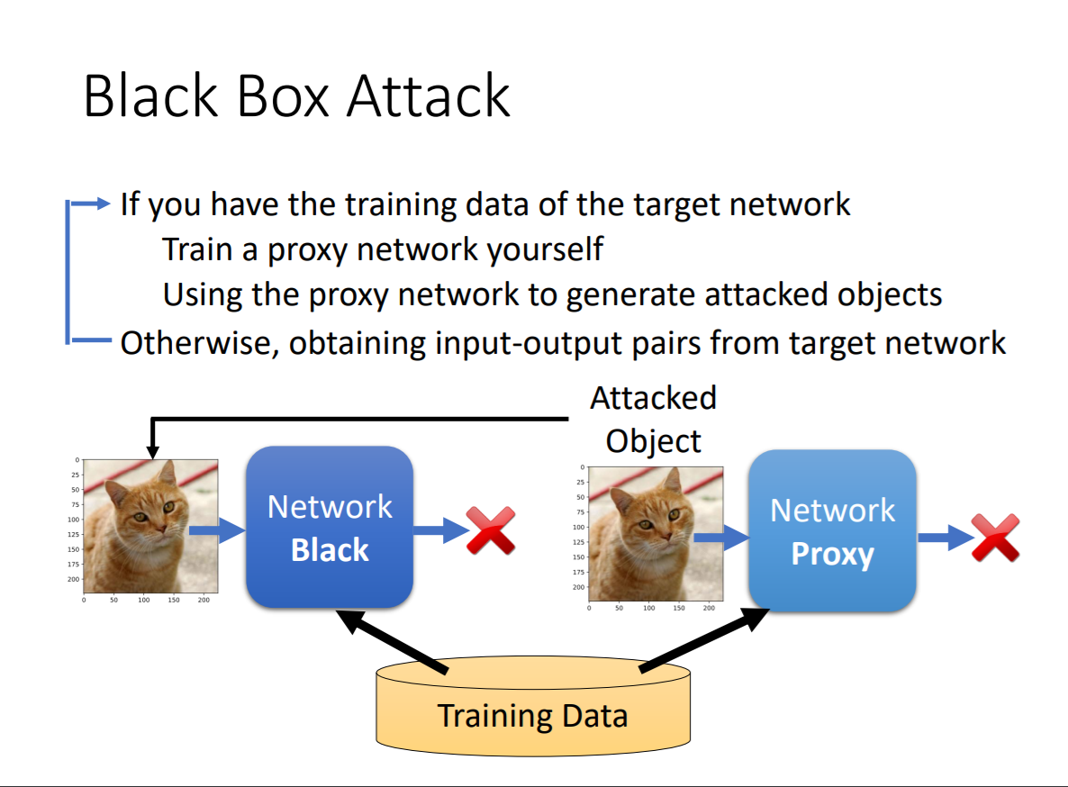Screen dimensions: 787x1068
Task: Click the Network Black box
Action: pos(330,527)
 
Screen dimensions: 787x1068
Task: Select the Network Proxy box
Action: pos(832,531)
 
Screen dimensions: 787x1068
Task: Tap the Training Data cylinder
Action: pos(532,715)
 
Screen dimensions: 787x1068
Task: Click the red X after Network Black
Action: pos(491,530)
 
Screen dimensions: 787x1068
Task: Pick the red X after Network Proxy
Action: pos(995,538)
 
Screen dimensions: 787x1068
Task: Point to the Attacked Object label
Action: pos(653,419)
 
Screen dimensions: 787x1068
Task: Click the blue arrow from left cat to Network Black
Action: pos(217,530)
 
